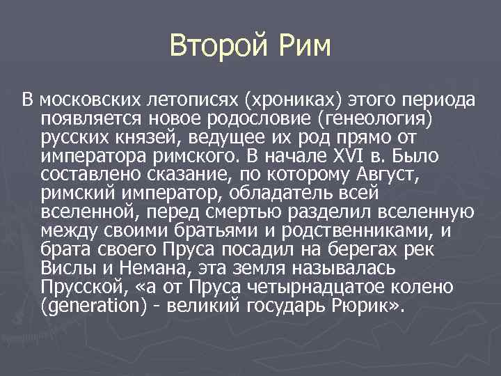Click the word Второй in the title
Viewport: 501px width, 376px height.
pyautogui.click(x=214, y=47)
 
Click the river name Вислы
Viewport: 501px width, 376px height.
pyautogui.click(x=64, y=268)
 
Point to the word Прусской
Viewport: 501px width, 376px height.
pyautogui.click(x=78, y=287)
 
